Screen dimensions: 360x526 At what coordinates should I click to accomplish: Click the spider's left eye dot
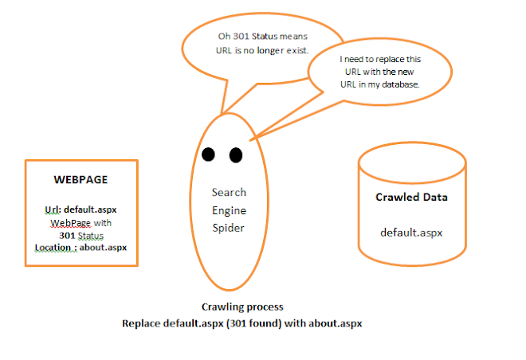209,154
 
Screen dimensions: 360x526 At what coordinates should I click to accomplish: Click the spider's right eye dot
235,155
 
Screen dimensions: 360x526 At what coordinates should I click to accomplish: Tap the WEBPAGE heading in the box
80,180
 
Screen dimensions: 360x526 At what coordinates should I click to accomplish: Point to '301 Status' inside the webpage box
80,235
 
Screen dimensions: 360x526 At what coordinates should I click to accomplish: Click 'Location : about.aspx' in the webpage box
80,247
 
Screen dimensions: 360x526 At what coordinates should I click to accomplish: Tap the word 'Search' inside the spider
229,192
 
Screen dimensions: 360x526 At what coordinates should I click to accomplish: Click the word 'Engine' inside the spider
229,209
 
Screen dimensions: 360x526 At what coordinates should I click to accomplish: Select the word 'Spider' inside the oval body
229,227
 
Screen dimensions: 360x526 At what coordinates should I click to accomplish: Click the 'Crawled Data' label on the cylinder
411,197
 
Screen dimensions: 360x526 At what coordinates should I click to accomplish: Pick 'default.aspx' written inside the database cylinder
411,233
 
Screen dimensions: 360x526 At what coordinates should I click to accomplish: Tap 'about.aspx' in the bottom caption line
338,323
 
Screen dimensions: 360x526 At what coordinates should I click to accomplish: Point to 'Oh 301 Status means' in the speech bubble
261,37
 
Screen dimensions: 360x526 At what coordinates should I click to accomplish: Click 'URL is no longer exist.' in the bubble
261,51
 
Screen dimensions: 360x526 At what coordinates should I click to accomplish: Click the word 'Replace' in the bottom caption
143,323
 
